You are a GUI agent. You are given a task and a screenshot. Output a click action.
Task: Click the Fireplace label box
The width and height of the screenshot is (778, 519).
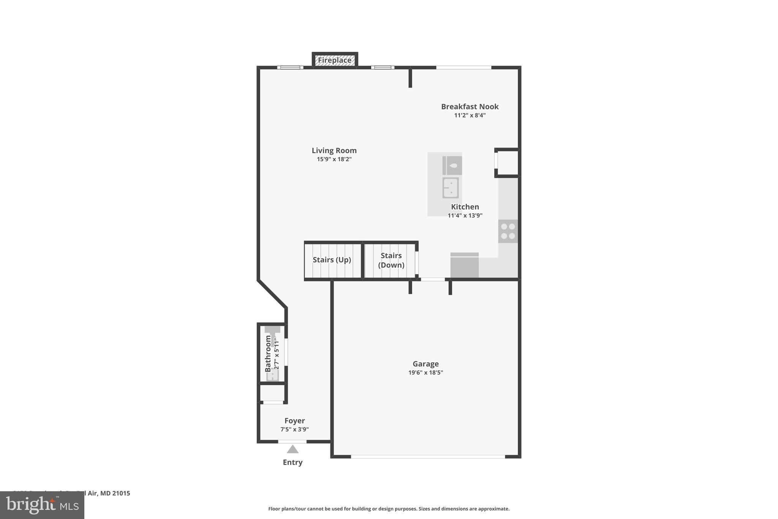[x=335, y=60]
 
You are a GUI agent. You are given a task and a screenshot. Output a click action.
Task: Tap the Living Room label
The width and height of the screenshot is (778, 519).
[x=334, y=151]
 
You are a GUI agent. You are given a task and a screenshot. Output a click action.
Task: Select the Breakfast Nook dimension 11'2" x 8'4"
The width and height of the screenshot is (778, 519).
[x=470, y=115]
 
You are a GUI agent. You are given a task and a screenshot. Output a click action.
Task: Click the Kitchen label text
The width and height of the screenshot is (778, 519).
[x=465, y=207]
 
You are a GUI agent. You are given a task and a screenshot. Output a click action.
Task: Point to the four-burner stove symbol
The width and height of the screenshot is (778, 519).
[x=508, y=231]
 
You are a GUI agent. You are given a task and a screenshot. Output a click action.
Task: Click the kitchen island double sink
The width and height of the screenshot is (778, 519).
[x=451, y=188]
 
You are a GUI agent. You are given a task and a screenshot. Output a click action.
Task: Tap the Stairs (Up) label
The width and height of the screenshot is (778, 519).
[x=332, y=260]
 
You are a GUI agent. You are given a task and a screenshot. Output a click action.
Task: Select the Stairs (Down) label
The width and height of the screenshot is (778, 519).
[x=391, y=260]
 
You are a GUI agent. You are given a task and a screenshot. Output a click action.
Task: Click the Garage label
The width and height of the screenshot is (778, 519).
[x=425, y=364]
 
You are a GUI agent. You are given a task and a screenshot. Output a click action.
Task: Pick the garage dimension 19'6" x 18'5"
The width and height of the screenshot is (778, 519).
[x=425, y=373]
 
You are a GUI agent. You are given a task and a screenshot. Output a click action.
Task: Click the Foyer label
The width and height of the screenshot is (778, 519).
[x=294, y=421]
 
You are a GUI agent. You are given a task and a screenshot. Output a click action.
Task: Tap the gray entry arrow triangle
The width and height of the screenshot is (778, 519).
[x=293, y=449]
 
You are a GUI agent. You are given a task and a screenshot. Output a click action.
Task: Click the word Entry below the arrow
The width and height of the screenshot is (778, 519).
[x=293, y=462]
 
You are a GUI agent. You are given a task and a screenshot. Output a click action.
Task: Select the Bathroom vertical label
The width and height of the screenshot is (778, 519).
[x=268, y=354]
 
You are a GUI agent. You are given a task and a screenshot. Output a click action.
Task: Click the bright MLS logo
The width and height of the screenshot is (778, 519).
[x=42, y=505]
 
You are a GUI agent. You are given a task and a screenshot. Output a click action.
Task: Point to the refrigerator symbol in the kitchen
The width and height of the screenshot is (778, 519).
[x=464, y=265]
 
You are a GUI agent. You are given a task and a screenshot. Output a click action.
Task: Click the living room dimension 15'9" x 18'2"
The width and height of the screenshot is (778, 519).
[x=334, y=159]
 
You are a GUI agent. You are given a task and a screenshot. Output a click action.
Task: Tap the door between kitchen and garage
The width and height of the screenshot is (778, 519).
[x=433, y=279]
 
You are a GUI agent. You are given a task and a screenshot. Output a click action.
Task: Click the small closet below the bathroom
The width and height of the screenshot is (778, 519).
[x=272, y=393]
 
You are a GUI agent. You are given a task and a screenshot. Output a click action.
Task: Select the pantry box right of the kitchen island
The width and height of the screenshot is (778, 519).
[x=508, y=163]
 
